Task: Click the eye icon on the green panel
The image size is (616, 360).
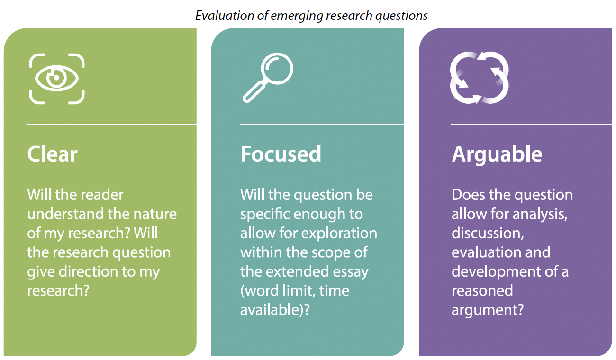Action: click(57, 79)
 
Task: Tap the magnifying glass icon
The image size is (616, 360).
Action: click(268, 78)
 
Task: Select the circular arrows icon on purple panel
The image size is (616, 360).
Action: click(480, 78)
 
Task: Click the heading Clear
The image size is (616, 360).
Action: click(52, 154)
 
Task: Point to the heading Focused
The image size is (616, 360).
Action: click(281, 154)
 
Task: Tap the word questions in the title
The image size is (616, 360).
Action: click(401, 16)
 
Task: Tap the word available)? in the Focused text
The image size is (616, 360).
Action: click(275, 310)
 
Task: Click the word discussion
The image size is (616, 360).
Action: click(488, 234)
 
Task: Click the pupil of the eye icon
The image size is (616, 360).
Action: click(57, 78)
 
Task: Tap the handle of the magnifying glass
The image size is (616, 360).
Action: click(254, 91)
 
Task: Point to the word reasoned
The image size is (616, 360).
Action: click(482, 291)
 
